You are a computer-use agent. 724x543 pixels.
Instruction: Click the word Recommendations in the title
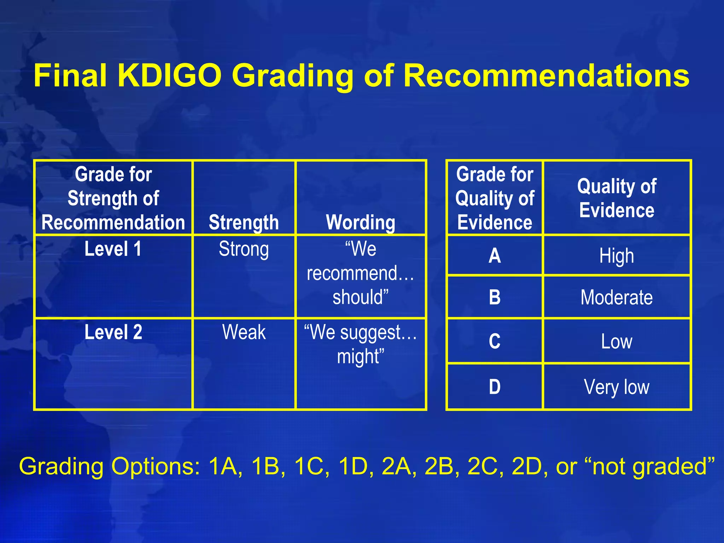[x=546, y=76]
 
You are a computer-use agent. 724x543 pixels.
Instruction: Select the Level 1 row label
[x=113, y=249]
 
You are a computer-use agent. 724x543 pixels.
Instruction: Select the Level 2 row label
[x=113, y=332]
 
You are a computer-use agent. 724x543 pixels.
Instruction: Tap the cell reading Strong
[x=244, y=249]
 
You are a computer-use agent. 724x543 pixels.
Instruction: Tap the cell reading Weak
[x=244, y=332]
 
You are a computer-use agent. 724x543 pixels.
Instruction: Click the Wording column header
[x=361, y=222]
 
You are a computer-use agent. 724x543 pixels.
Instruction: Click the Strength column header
[x=244, y=222]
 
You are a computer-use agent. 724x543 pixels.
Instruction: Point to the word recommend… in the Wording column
[x=360, y=273]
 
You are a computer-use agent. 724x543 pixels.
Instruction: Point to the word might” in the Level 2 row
[x=360, y=356]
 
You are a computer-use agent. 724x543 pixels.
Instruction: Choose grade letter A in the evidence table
[x=495, y=256]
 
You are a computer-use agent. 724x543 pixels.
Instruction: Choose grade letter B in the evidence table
[x=495, y=297]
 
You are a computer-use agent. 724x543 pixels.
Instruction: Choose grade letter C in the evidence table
[x=495, y=341]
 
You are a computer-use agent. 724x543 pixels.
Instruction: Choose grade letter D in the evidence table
[x=495, y=387]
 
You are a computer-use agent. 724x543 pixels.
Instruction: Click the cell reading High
[x=617, y=256]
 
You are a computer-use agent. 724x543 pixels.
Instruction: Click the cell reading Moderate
[x=617, y=297]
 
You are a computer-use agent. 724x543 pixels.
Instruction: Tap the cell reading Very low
[x=617, y=387]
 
